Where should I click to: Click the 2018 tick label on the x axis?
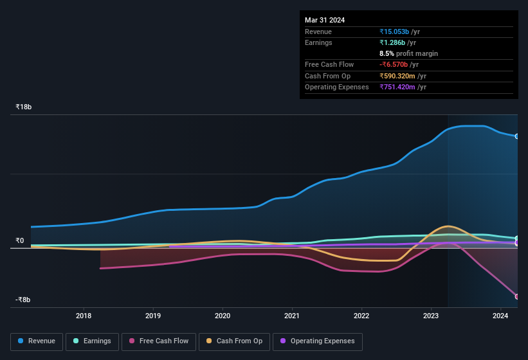(x=83, y=316)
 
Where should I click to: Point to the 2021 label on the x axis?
(x=291, y=316)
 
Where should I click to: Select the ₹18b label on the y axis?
(x=23, y=107)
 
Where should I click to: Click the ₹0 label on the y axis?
(x=19, y=241)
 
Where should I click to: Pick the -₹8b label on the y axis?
(x=23, y=300)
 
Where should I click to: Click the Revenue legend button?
(x=37, y=341)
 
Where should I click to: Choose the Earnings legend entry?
(x=92, y=341)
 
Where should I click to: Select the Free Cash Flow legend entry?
(x=158, y=341)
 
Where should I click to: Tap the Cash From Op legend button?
(x=234, y=341)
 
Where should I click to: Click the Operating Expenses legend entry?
(x=317, y=341)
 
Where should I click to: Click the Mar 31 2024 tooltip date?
(x=325, y=20)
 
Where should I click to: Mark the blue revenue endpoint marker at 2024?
(x=516, y=136)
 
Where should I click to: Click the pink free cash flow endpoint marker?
(x=516, y=296)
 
